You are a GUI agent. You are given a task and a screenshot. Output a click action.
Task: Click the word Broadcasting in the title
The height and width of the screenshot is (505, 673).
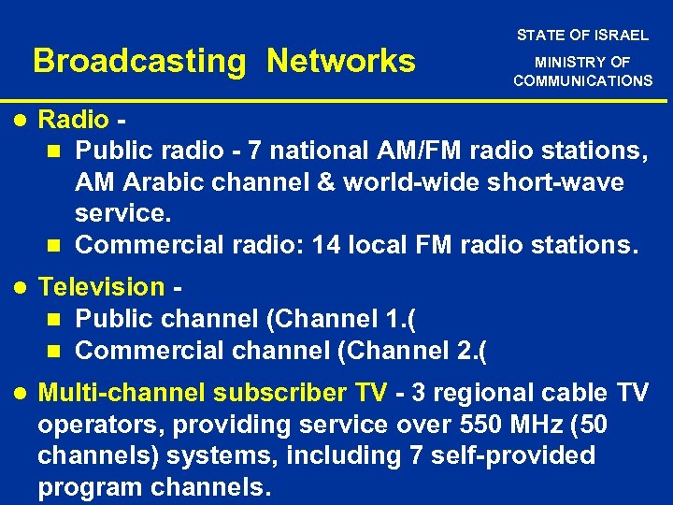pos(138,62)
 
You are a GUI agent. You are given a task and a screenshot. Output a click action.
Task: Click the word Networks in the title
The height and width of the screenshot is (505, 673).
pos(340,62)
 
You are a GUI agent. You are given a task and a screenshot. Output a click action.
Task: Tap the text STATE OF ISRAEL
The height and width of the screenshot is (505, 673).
pos(582,36)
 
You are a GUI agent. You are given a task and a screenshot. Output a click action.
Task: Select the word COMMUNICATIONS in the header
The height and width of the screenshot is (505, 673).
pos(582,80)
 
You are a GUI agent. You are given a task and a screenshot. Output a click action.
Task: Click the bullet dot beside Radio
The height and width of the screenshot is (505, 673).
pos(18,120)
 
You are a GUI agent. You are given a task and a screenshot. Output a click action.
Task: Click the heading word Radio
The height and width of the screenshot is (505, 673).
pos(74,120)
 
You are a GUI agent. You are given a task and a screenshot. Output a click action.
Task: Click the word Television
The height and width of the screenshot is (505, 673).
pos(101,286)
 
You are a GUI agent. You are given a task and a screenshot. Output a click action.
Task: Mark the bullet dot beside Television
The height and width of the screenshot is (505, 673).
pos(18,286)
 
